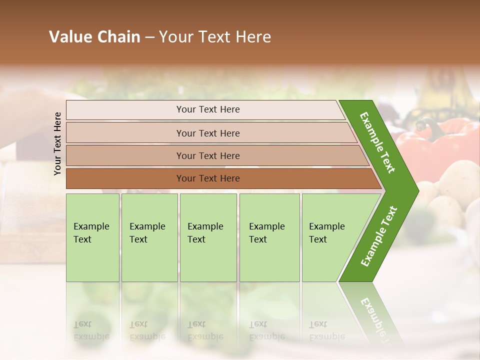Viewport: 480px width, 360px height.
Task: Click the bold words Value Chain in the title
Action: (x=94, y=37)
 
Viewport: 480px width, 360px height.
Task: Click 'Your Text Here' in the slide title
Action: (x=215, y=37)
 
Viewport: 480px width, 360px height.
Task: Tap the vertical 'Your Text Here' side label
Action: (x=57, y=143)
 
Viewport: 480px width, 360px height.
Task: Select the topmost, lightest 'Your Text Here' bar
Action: (x=207, y=109)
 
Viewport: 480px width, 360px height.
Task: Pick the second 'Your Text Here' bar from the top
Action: (x=207, y=133)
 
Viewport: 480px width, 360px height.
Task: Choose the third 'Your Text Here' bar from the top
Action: (x=207, y=155)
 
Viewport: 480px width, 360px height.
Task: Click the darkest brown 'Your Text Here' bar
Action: (x=207, y=178)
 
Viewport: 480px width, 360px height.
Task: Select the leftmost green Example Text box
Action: (x=92, y=237)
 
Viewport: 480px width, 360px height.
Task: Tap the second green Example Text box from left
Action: (x=149, y=237)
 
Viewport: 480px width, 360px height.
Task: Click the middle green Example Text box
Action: (x=208, y=237)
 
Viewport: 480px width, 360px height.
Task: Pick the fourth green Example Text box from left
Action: (x=269, y=237)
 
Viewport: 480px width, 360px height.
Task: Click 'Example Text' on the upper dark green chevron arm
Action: (x=377, y=142)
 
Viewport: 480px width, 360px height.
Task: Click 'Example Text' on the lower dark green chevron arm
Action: (x=379, y=236)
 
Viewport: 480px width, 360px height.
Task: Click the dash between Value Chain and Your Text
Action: (x=149, y=37)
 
